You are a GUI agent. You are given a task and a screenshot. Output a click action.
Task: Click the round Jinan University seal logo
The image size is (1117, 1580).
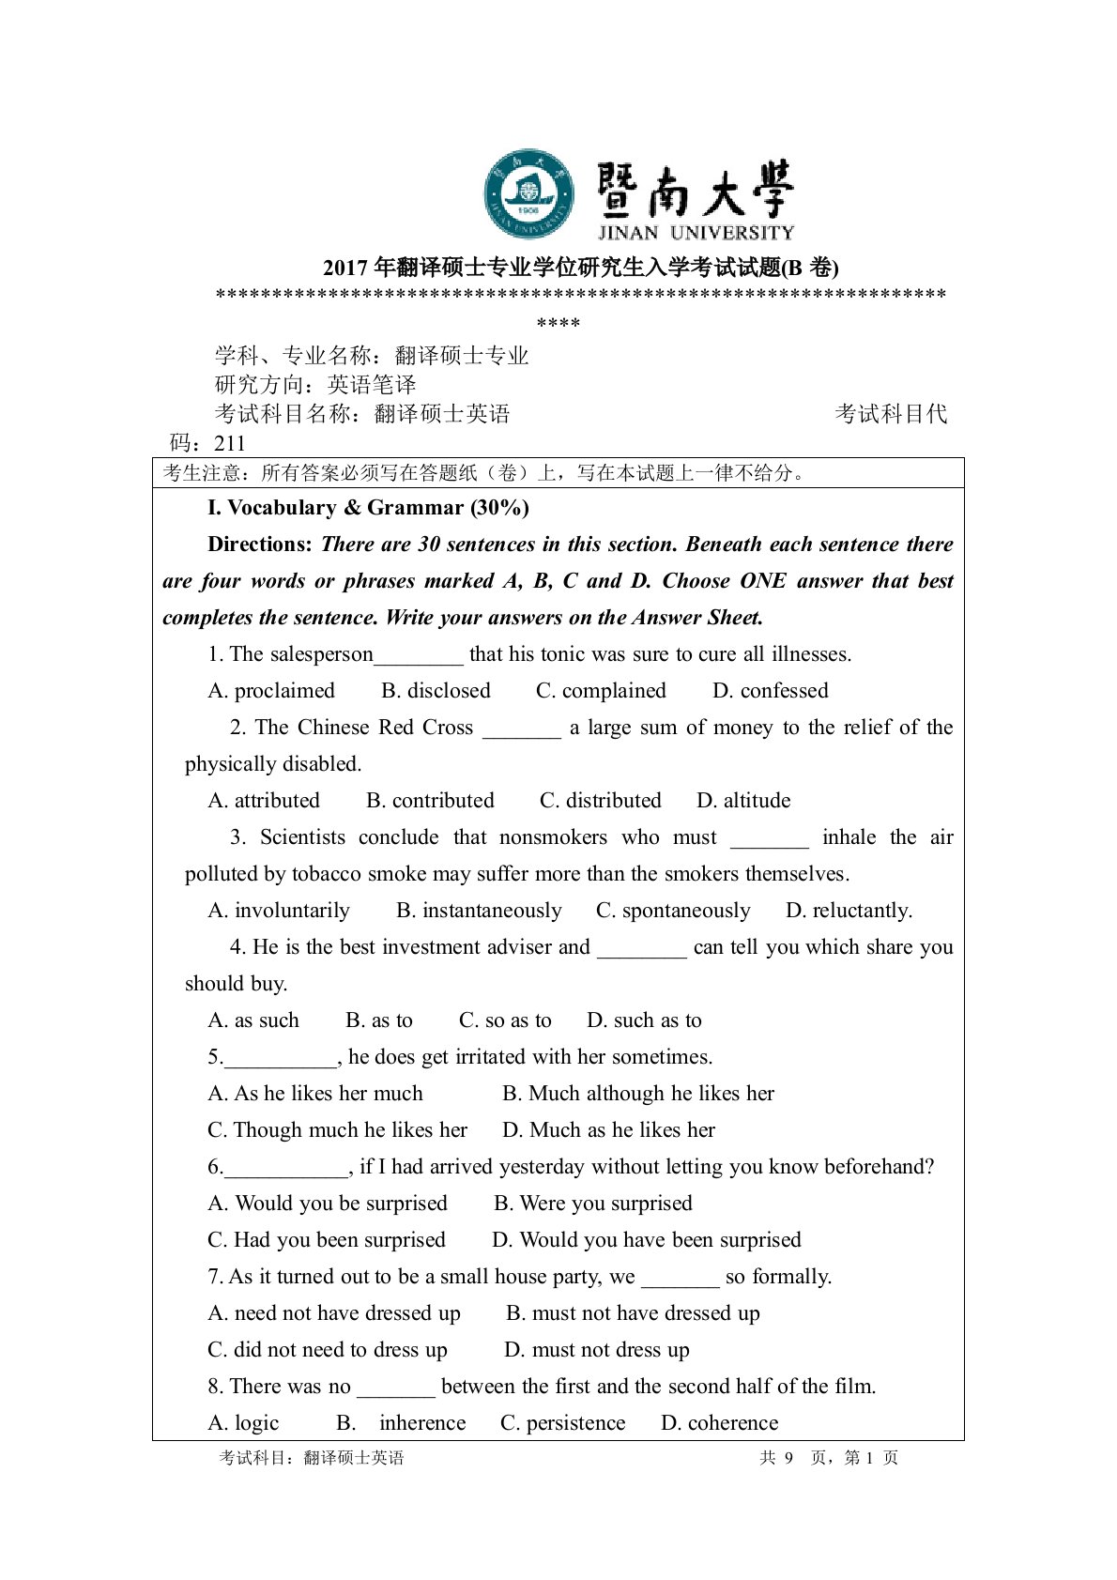pos(528,193)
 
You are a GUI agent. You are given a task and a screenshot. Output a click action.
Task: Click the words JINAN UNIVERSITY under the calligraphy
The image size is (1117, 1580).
pos(696,232)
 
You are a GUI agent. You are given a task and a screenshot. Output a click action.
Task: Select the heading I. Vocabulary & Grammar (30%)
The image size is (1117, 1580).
pos(368,508)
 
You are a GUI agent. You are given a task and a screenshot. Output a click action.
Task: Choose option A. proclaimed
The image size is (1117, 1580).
pos(271,691)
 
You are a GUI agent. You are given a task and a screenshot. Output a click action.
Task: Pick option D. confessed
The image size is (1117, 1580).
pos(770,691)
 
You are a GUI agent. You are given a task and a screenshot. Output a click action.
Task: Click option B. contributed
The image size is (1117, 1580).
pos(430,801)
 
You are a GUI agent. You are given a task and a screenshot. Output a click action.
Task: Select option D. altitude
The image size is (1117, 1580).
pos(743,801)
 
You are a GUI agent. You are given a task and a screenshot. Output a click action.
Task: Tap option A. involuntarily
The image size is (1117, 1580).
pos(279,911)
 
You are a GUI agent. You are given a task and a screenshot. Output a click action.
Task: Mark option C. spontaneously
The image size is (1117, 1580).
pos(673,911)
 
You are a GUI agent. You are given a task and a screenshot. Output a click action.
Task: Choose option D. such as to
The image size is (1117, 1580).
pos(644,1020)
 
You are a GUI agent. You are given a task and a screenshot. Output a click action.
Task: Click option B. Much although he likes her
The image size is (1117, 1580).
pos(638,1094)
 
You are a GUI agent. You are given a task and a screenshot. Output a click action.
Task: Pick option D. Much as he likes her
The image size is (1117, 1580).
pos(608,1130)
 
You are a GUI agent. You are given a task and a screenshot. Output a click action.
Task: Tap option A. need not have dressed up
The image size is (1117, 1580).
pos(334,1313)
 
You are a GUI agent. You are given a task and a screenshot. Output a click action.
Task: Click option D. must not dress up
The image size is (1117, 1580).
pos(596,1350)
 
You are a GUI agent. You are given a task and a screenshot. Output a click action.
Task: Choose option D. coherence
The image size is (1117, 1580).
pos(719,1423)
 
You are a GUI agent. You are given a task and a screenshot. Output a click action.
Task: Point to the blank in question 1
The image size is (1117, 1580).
pos(419,655)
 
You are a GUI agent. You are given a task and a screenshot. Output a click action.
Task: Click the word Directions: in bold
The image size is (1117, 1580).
pos(260,545)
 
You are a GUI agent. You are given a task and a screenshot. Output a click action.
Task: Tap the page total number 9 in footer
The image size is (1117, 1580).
pos(788,1458)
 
